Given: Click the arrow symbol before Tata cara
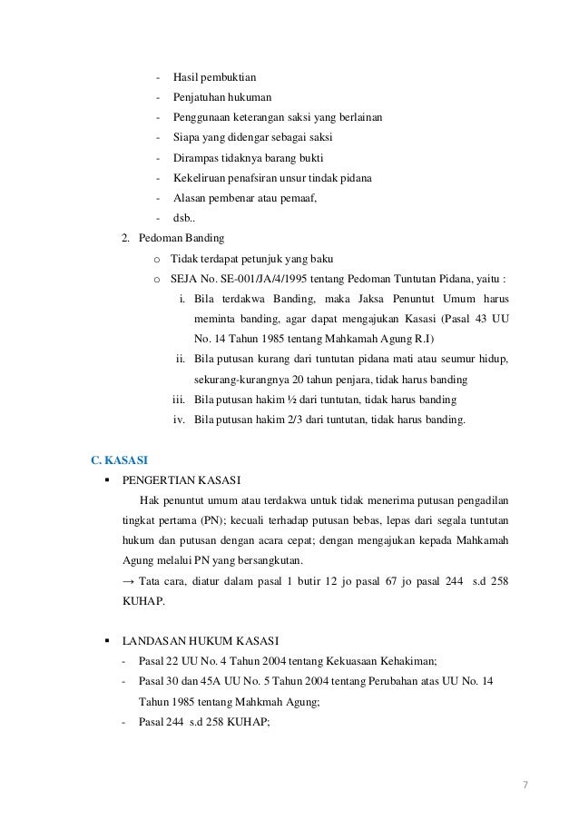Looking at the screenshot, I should coord(127,580).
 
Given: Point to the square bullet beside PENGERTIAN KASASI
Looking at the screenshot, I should coord(108,480).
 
